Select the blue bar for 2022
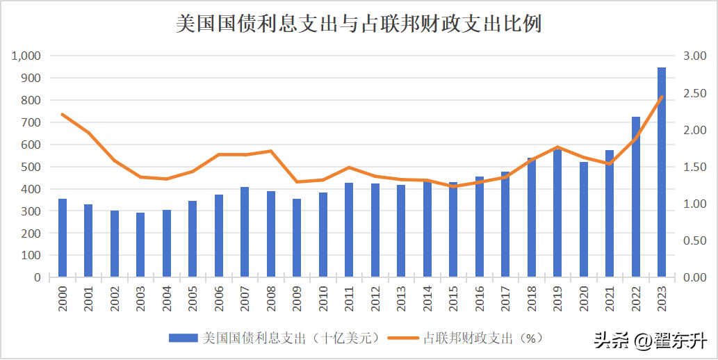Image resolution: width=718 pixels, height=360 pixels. [x=636, y=197]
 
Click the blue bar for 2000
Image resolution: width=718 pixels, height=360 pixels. [x=63, y=238]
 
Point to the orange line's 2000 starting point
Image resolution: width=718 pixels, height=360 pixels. [x=63, y=114]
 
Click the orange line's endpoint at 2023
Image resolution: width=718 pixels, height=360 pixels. [x=662, y=97]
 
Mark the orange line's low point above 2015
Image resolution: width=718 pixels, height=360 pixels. [x=453, y=186]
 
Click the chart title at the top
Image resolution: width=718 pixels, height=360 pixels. [x=359, y=24]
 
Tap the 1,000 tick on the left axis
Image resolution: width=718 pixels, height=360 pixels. [x=26, y=56]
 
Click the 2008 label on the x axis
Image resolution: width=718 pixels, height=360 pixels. [x=271, y=297]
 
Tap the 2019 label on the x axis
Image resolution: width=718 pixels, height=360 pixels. [x=557, y=297]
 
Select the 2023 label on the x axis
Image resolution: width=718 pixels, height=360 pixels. [x=662, y=297]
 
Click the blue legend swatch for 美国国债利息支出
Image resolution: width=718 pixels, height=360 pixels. [x=183, y=338]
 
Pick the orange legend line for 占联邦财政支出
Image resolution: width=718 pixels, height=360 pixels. [x=403, y=338]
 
